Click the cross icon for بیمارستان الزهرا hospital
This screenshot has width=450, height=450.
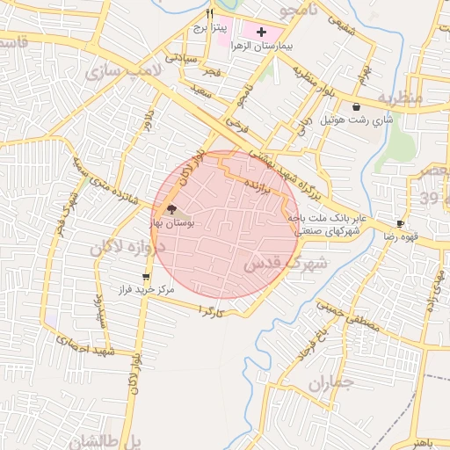(261, 32)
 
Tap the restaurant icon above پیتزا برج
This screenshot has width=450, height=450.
(209, 14)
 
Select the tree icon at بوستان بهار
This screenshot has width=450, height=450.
(171, 209)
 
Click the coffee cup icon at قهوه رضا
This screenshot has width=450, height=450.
(401, 224)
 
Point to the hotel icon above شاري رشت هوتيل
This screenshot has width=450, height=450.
(355, 106)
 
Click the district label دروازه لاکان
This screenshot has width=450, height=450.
(121, 249)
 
